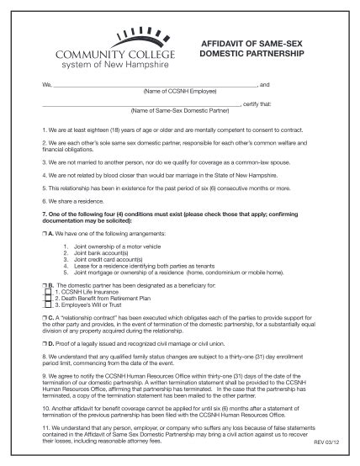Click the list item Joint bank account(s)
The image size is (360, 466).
(x=101, y=252)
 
